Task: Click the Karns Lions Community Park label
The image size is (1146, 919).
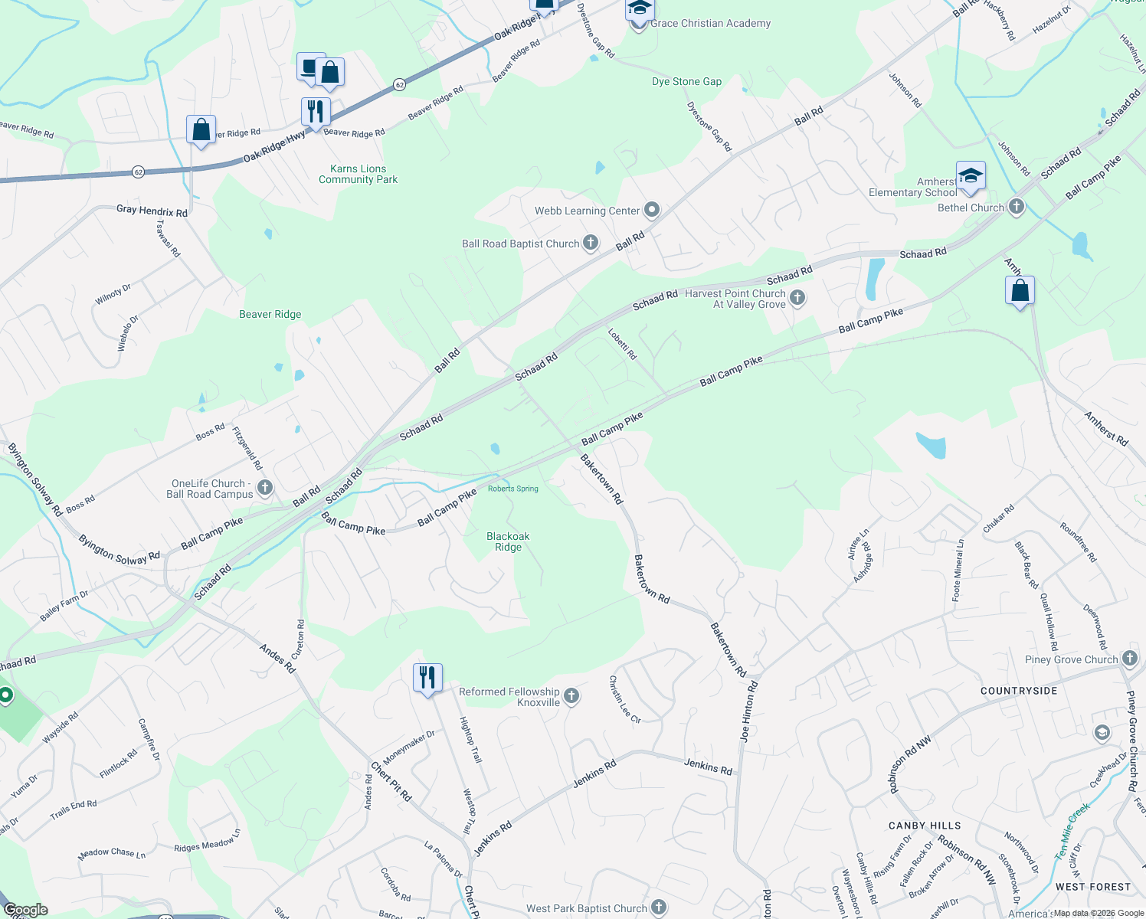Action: point(358,174)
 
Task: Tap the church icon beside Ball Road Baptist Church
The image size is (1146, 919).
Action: point(591,243)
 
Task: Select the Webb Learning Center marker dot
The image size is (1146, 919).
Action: point(652,210)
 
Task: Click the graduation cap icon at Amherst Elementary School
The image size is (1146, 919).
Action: point(971,175)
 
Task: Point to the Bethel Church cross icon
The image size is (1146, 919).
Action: point(1017,207)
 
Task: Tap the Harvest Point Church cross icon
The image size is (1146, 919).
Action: point(797,297)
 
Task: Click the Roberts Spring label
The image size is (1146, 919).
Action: point(513,489)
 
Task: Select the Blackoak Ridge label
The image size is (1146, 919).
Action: point(508,541)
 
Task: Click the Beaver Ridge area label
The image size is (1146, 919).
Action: point(270,314)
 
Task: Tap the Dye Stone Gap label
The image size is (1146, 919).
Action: point(686,81)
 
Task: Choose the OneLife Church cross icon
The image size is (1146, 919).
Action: point(265,487)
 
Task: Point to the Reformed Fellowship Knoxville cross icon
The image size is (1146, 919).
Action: point(571,696)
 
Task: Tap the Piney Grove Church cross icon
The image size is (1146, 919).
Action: point(1130,659)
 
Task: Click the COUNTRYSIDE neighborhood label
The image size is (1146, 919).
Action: point(1019,691)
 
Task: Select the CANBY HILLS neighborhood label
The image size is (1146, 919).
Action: point(925,826)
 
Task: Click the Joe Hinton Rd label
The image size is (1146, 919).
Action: point(748,711)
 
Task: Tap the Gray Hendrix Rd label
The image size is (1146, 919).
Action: point(152,211)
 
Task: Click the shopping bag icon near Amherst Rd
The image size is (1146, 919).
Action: point(1020,291)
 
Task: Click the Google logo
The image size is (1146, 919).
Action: point(25,910)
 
